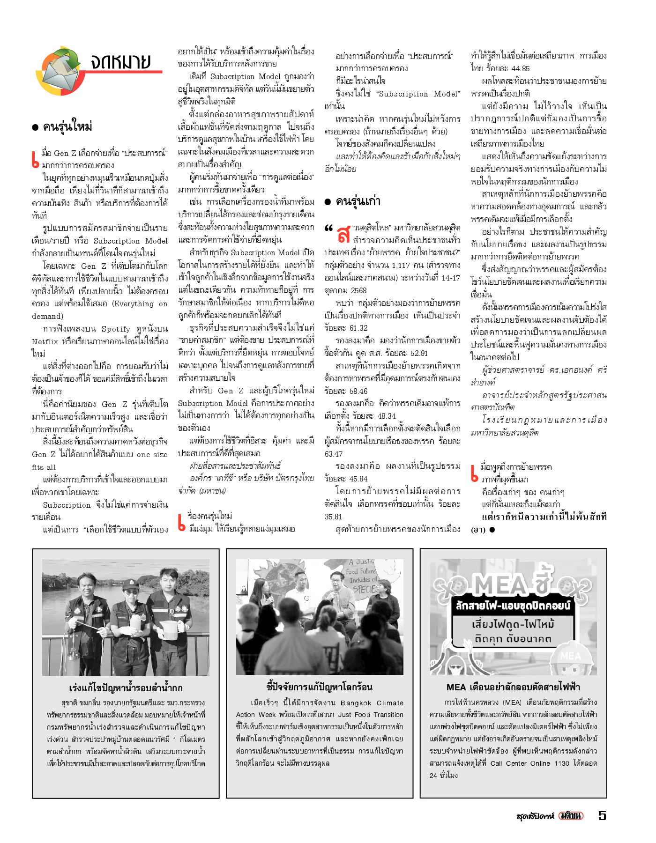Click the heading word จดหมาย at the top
121,61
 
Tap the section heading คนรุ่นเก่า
358,201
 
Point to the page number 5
602,815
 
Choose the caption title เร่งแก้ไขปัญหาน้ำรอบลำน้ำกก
126,688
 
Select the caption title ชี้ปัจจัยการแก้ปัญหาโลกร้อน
319,687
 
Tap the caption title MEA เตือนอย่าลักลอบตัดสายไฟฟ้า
513,687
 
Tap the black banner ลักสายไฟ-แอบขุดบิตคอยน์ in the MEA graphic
513,606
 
